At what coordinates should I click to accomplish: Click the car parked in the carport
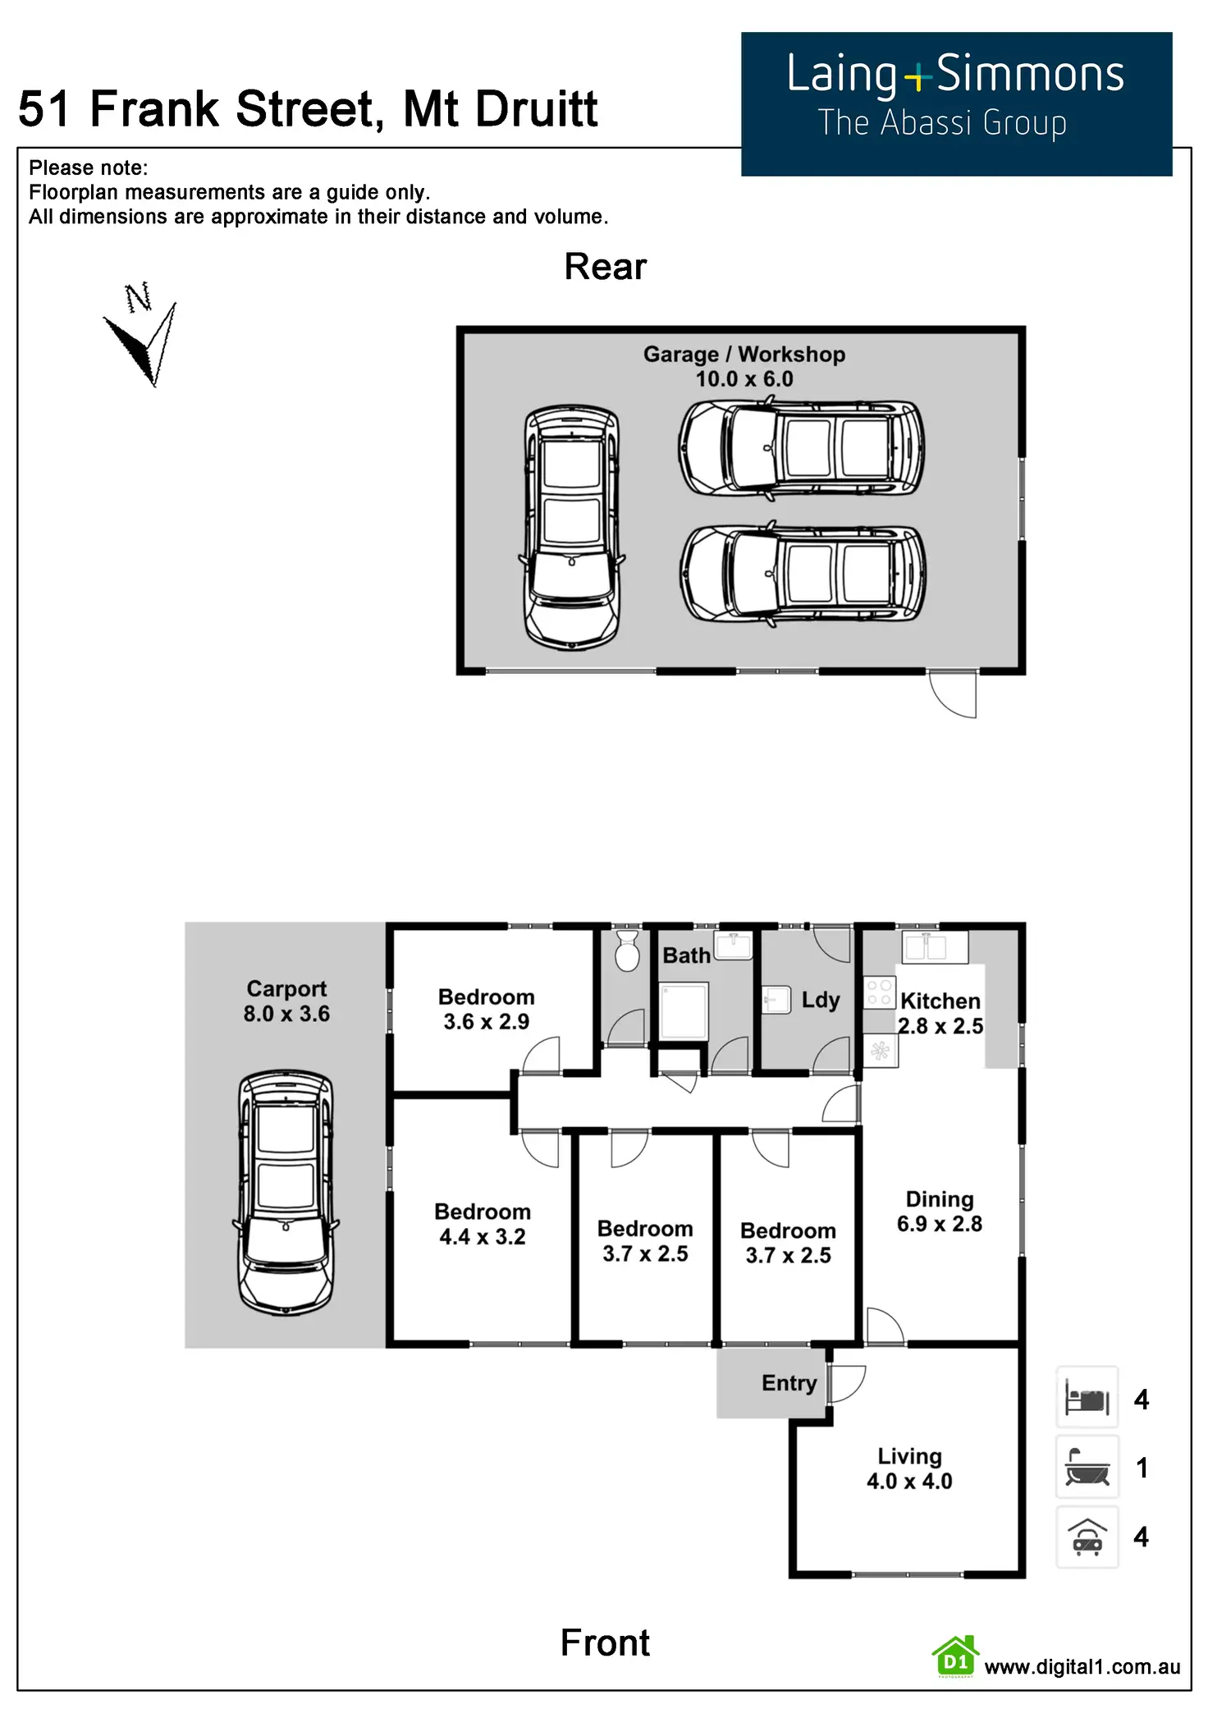coord(286,1194)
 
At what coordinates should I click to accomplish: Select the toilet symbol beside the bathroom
coord(627,951)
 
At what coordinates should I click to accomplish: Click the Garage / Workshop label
coord(744,355)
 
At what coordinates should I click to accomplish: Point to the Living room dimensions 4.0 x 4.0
coord(909,1482)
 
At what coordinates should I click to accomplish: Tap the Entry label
coord(789,1383)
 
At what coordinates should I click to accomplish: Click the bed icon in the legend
coord(1087,1398)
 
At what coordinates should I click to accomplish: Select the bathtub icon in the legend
coord(1087,1467)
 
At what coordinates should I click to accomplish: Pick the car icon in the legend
coord(1087,1537)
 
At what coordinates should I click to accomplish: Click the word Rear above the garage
coord(605,267)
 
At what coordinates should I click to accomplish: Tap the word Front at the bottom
coord(605,1643)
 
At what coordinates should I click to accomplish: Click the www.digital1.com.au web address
coord(1082,1666)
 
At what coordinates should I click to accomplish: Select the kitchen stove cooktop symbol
coord(879,992)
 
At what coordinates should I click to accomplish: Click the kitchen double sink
coord(935,946)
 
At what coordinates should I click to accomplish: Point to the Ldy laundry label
coord(820,1000)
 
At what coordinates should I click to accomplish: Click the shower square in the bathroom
coord(684,1011)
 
